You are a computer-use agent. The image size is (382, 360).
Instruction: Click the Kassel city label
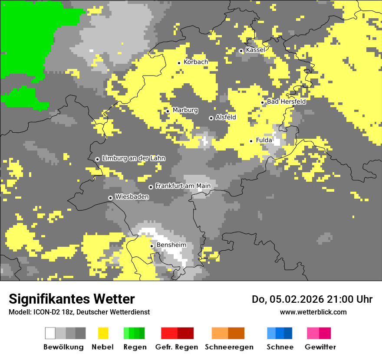click(x=255, y=50)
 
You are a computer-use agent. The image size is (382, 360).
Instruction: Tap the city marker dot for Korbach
click(x=179, y=63)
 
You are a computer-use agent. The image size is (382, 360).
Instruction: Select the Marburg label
click(x=185, y=110)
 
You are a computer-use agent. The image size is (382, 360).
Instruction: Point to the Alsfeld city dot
click(x=211, y=118)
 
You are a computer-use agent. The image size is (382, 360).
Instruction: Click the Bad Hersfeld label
click(x=286, y=101)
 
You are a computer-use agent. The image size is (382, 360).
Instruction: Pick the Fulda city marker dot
click(x=251, y=141)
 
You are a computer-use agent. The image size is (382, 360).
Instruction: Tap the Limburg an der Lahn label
click(x=133, y=158)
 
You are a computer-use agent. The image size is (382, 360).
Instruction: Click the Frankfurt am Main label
click(x=183, y=186)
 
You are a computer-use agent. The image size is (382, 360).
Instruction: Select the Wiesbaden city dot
click(x=111, y=198)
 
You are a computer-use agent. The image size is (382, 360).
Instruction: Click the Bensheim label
click(x=171, y=245)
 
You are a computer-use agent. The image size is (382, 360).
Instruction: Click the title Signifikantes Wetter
click(x=72, y=299)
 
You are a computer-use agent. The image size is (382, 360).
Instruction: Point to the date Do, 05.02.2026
click(x=287, y=299)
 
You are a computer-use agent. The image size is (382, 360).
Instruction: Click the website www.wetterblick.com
click(x=313, y=312)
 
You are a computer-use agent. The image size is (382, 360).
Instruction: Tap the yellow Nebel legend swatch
click(x=103, y=333)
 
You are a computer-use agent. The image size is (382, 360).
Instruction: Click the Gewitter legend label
click(x=320, y=347)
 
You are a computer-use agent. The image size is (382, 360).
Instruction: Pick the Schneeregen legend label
click(x=229, y=347)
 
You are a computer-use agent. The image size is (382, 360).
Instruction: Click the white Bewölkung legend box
click(x=50, y=333)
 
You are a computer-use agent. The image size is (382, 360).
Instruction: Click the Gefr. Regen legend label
click(x=177, y=347)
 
